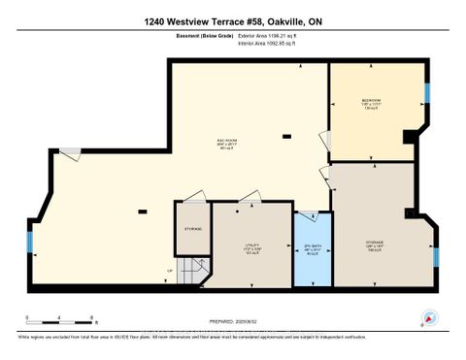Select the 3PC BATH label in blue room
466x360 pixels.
(x=312, y=247)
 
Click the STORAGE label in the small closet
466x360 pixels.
(x=193, y=230)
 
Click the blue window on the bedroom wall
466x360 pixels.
(x=426, y=93)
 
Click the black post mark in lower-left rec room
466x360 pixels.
(x=142, y=211)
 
